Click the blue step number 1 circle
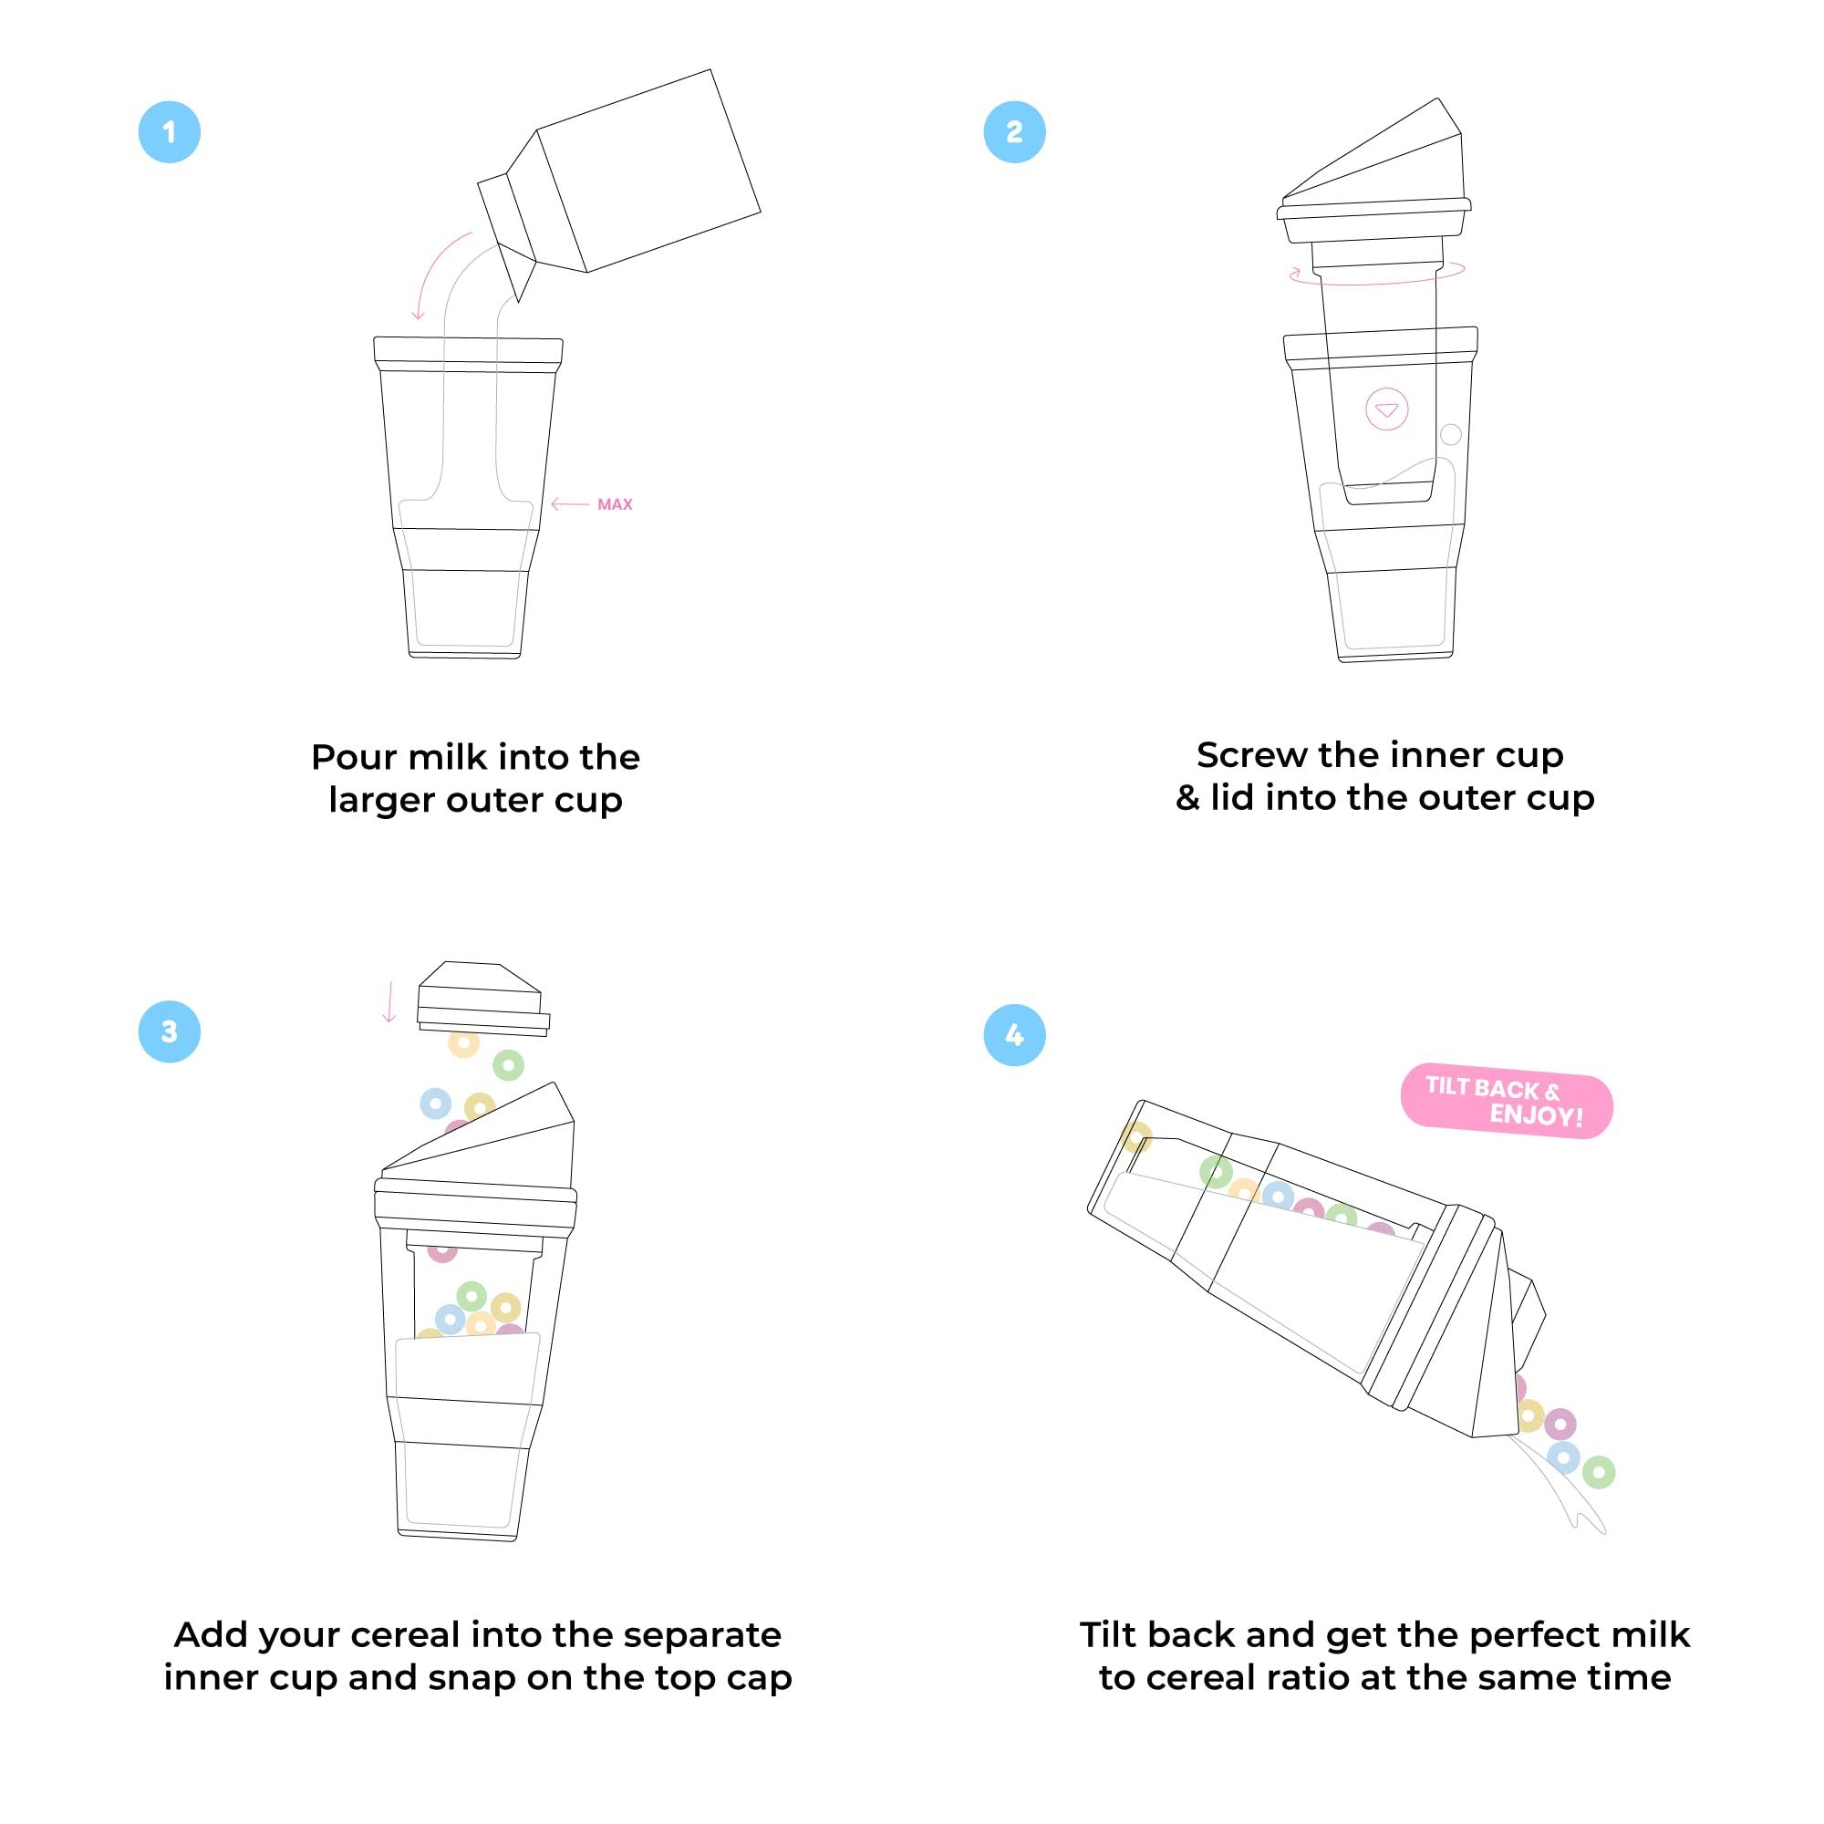click(x=169, y=131)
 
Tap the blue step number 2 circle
click(x=1014, y=131)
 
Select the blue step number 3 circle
click(x=169, y=1031)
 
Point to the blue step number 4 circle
click(x=1014, y=1035)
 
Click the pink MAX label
click(x=615, y=504)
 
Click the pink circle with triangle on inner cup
click(x=1387, y=409)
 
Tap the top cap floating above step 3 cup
click(x=482, y=998)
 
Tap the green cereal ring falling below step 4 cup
click(x=1598, y=1472)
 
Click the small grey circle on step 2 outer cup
click(x=1451, y=434)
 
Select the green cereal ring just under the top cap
click(x=508, y=1065)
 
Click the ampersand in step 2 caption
click(x=1187, y=799)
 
